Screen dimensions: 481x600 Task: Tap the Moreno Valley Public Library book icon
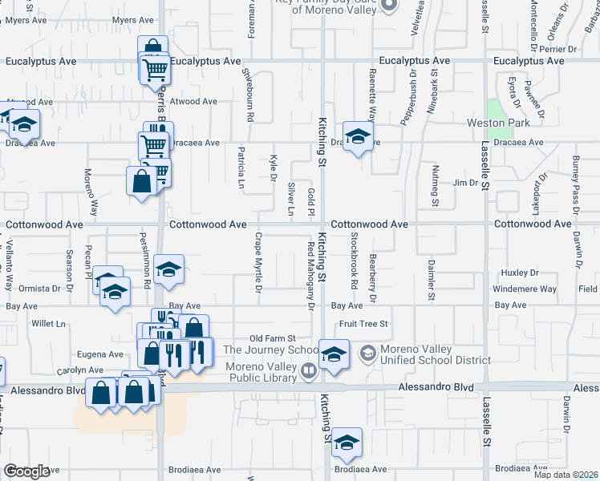click(x=309, y=370)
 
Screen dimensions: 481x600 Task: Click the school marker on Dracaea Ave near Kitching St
click(x=359, y=135)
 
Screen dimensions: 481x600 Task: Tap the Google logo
click(x=26, y=471)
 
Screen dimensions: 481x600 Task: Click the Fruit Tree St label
click(x=363, y=324)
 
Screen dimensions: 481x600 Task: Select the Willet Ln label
click(x=48, y=324)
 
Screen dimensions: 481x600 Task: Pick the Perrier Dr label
click(x=575, y=49)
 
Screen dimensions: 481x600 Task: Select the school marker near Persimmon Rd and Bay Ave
click(x=168, y=271)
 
